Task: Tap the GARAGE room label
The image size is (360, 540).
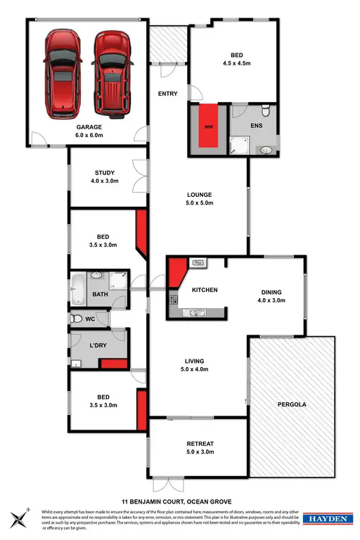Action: (89, 127)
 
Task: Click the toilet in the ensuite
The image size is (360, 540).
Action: (264, 111)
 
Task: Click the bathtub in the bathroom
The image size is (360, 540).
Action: (77, 288)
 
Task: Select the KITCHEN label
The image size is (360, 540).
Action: (205, 290)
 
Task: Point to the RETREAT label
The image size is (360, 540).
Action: (200, 444)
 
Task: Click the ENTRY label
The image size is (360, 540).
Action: (168, 94)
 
